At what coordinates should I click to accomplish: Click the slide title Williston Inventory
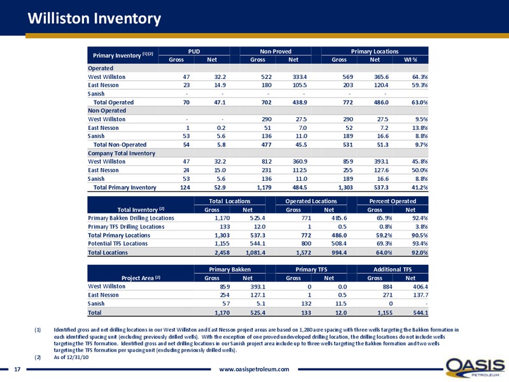(94, 18)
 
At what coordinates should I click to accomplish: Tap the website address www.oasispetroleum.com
(254, 369)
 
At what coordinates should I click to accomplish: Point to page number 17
(17, 369)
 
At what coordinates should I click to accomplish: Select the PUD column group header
(194, 52)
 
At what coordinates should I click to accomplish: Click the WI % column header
(410, 60)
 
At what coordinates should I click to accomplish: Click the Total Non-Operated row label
(120, 145)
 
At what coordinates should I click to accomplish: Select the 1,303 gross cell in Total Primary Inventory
(345, 187)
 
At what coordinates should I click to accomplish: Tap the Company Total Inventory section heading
(122, 153)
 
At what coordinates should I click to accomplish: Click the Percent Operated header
(393, 201)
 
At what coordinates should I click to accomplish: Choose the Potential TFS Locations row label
(118, 244)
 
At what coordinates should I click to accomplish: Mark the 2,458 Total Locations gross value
(222, 252)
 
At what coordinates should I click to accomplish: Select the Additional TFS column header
(393, 269)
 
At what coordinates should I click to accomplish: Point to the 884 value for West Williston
(387, 286)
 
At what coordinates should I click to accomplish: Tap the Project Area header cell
(141, 278)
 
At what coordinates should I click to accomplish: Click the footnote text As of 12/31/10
(71, 357)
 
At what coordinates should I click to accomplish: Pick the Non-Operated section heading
(107, 111)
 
